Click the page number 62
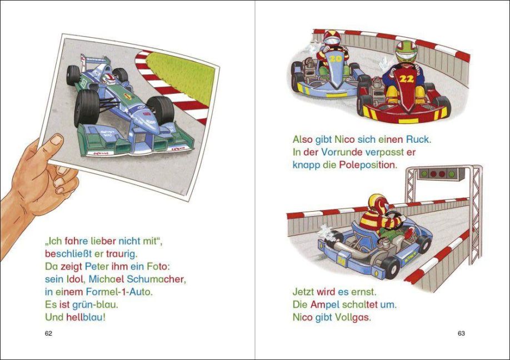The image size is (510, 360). [x=48, y=333]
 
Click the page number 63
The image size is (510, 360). [x=461, y=333]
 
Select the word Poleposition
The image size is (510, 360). [x=368, y=165]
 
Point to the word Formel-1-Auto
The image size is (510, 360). [x=119, y=292]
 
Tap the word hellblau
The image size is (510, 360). [x=86, y=317]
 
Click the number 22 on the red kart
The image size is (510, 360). [x=407, y=79]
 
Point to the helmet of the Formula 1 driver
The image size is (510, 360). [x=109, y=79]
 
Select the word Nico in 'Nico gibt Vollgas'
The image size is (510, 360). [x=302, y=317]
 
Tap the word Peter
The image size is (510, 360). [x=97, y=267]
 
